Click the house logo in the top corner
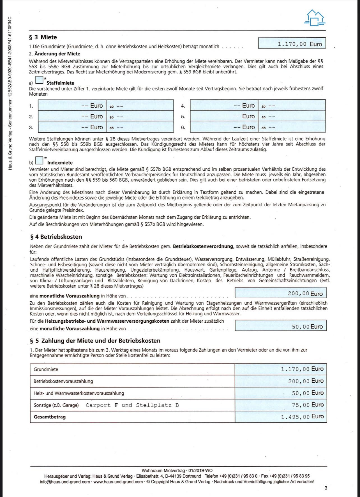tap(314, 18)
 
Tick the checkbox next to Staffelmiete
tap(39, 80)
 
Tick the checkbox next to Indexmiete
tap(40, 160)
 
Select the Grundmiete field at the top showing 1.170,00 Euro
tap(292, 43)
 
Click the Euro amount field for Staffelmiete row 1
tap(72, 106)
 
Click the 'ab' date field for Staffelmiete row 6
tap(292, 127)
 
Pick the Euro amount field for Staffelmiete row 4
tap(224, 106)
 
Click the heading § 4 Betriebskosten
tap(56, 237)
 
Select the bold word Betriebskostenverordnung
tap(203, 246)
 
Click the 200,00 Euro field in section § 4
tap(280, 293)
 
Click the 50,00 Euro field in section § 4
tap(280, 326)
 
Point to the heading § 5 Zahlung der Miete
tap(95, 341)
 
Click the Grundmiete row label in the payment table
tap(46, 369)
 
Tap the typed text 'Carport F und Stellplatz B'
tap(132, 405)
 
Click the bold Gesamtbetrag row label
tap(50, 417)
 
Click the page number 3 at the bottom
tap(326, 488)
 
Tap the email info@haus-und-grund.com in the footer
tap(65, 482)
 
